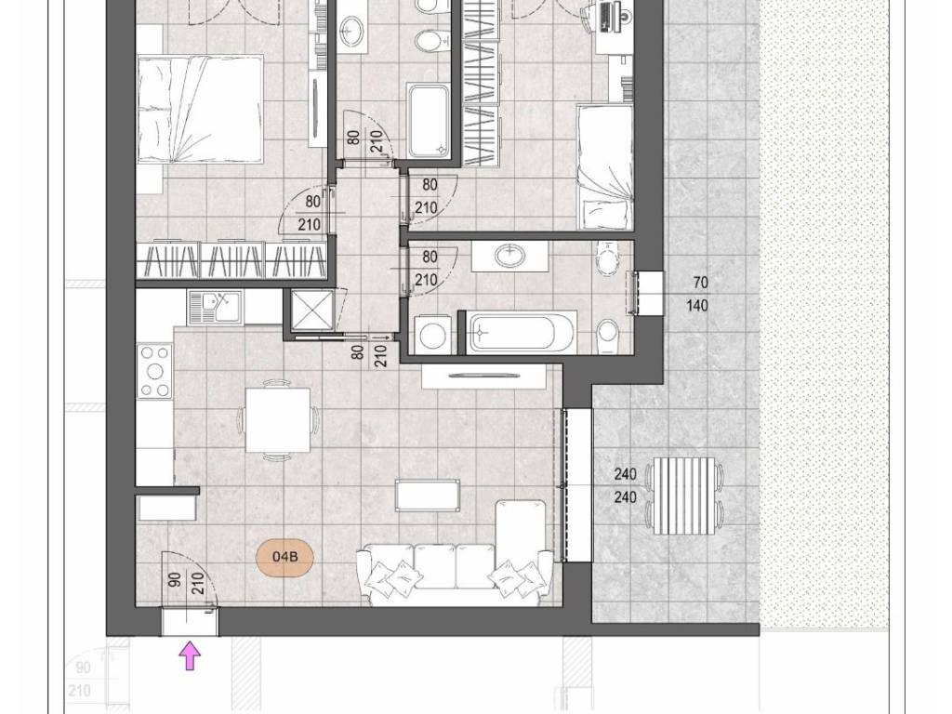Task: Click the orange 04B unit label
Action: point(284,556)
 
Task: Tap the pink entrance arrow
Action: point(191,657)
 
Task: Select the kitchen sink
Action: point(215,307)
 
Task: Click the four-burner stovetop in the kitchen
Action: point(155,371)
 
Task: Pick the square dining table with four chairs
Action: point(278,420)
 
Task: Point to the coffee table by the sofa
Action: point(428,495)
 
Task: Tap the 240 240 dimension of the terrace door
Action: point(626,485)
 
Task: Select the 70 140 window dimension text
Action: point(697,294)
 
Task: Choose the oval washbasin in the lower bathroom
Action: point(510,255)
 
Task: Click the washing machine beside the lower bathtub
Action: point(433,334)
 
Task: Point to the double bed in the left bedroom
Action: point(201,110)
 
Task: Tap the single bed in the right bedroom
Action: point(604,167)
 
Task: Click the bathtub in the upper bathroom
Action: point(429,121)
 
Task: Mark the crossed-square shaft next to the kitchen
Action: point(312,311)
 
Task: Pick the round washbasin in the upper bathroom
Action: point(350,29)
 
